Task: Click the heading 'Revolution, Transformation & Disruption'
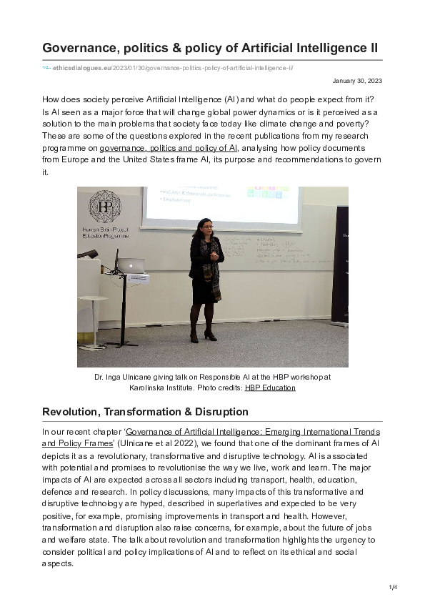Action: click(x=145, y=411)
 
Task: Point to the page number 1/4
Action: click(x=392, y=587)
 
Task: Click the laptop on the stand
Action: click(x=131, y=266)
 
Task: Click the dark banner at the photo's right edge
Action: click(x=339, y=265)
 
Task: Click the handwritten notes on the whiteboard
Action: click(x=275, y=250)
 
